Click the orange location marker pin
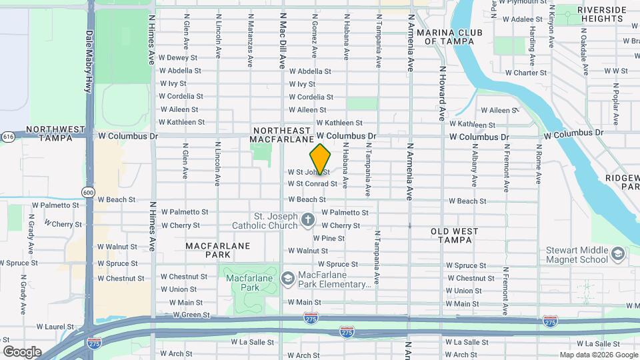click(321, 159)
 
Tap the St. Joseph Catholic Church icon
click(307, 219)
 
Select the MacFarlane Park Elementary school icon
click(288, 277)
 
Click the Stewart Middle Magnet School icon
click(618, 253)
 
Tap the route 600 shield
click(89, 192)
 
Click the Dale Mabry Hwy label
click(89, 61)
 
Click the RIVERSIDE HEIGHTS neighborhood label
click(602, 14)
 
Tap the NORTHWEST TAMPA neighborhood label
click(56, 133)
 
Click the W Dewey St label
click(178, 58)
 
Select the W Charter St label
click(525, 73)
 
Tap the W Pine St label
click(329, 238)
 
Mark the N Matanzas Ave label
click(250, 41)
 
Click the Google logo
click(22, 351)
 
